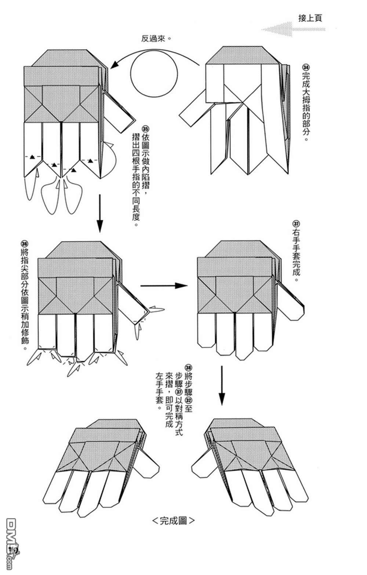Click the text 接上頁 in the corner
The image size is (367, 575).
[310, 18]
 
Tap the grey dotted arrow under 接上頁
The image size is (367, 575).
[294, 29]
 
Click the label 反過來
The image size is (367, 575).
[156, 39]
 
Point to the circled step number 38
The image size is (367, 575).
[188, 368]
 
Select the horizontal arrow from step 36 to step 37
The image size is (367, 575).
[161, 285]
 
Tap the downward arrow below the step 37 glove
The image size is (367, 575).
[222, 385]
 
